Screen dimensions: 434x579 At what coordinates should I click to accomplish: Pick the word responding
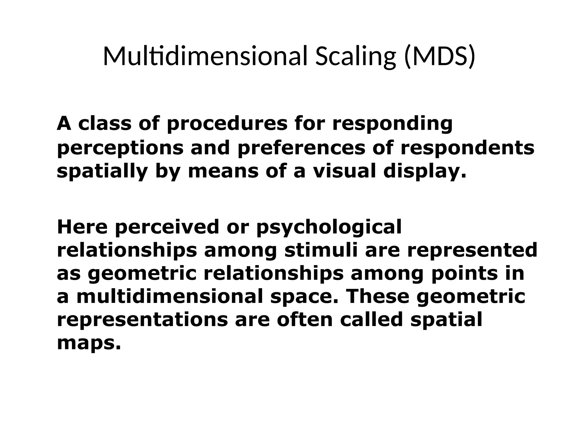click(392, 124)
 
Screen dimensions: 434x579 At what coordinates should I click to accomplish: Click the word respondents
click(467, 148)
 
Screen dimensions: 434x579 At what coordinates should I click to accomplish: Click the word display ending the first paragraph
click(424, 172)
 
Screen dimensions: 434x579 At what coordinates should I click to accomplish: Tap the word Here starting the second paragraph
click(82, 227)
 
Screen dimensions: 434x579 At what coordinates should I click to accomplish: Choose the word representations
click(142, 320)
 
